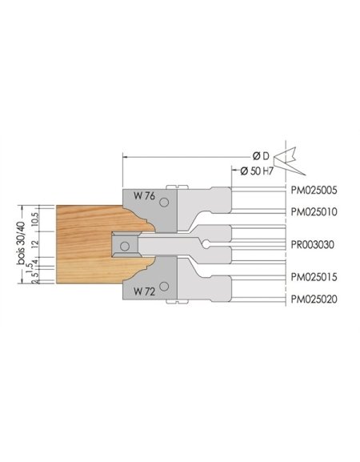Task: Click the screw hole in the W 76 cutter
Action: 163,199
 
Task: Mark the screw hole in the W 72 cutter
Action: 163,286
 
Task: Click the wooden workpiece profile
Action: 80,240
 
